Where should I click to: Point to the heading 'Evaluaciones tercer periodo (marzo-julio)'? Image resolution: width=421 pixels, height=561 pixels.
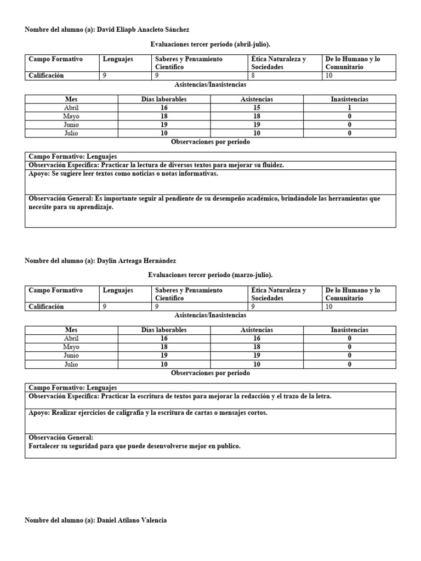click(210, 274)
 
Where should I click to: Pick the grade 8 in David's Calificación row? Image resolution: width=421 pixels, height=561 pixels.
click(253, 76)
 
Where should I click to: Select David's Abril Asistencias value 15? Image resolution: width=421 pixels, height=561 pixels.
click(257, 108)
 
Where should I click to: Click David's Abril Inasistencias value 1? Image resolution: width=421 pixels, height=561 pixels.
click(349, 108)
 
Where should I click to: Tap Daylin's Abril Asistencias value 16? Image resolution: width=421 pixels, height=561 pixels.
click(257, 339)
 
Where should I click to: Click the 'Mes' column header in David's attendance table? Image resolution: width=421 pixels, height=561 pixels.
click(72, 99)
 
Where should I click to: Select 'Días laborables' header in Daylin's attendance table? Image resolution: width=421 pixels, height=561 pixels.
click(164, 330)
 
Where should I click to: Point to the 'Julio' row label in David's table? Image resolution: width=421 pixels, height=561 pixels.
click(72, 133)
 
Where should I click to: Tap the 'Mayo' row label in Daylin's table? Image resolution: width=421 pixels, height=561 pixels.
click(72, 347)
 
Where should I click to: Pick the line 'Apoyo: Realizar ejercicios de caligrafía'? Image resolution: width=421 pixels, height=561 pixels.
click(148, 413)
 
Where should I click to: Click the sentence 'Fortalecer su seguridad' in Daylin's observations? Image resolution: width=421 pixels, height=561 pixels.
click(134, 446)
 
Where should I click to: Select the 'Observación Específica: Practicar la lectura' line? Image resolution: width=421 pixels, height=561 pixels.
click(156, 165)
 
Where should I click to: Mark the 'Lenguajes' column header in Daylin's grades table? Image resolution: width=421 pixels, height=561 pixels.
click(118, 290)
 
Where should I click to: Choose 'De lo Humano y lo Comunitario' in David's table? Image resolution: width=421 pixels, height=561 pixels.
click(352, 63)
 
